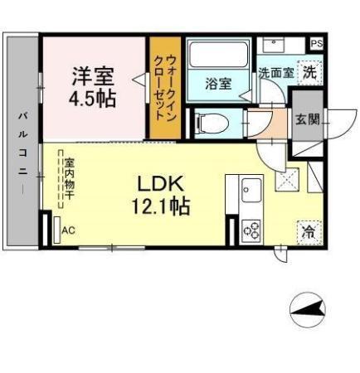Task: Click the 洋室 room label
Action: [93, 75]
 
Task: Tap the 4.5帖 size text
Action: [93, 96]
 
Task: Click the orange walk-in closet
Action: [164, 88]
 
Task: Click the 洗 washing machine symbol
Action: [308, 72]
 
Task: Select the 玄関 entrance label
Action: [307, 119]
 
